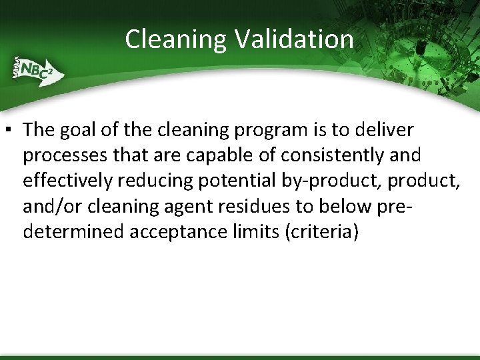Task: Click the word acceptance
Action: [x=198, y=231]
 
